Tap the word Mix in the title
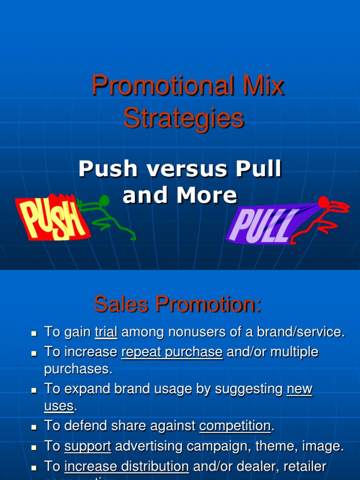pyautogui.click(x=265, y=86)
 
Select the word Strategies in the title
pyautogui.click(x=184, y=118)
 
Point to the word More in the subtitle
pyautogui.click(x=210, y=195)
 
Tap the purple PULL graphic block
pyautogui.click(x=262, y=224)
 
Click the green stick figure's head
pyautogui.click(x=104, y=201)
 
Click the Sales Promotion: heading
pyautogui.click(x=178, y=305)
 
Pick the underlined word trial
pyautogui.click(x=106, y=332)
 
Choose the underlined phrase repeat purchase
pyautogui.click(x=172, y=352)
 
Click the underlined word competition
pyautogui.click(x=235, y=426)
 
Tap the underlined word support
pyautogui.click(x=88, y=447)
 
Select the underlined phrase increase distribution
pyautogui.click(x=127, y=466)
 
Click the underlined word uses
pyautogui.click(x=59, y=406)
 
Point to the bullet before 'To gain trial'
pyautogui.click(x=34, y=333)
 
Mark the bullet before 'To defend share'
pyautogui.click(x=34, y=427)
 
